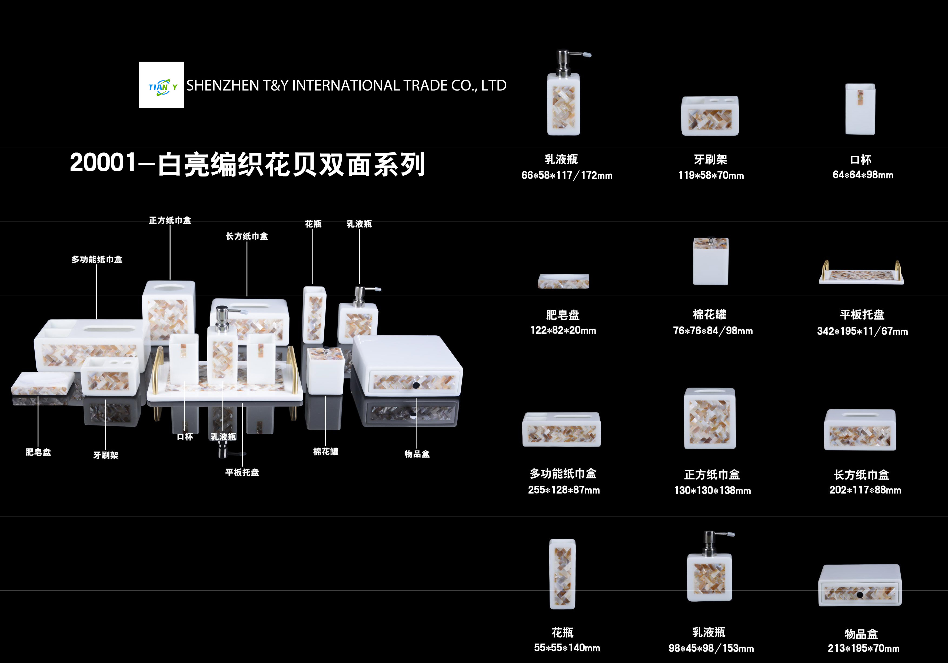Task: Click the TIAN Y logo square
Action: click(x=161, y=85)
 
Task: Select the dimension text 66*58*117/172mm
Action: click(x=567, y=175)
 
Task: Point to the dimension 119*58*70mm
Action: click(x=711, y=175)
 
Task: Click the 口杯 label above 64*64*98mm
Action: click(x=861, y=160)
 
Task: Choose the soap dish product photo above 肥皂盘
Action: click(x=563, y=281)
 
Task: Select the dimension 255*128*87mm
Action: click(x=564, y=490)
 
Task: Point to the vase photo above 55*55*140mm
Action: click(x=562, y=574)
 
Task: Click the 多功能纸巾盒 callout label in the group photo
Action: click(x=97, y=259)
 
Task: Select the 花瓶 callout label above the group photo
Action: click(x=313, y=224)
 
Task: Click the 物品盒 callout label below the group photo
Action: click(x=417, y=454)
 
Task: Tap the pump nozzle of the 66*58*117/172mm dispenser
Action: click(x=581, y=54)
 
